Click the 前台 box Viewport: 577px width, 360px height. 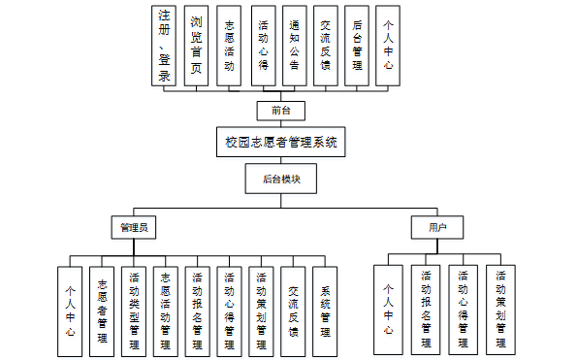(x=281, y=109)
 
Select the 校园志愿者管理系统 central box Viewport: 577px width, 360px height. (x=281, y=142)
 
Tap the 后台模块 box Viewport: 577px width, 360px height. (x=281, y=179)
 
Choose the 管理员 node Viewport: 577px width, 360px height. (x=133, y=227)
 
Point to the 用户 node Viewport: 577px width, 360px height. (x=436, y=227)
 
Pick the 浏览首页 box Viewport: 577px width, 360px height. (x=197, y=47)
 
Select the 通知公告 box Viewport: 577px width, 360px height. (x=295, y=47)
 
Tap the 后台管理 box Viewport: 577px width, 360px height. (x=358, y=47)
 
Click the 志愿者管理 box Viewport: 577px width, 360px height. (x=102, y=310)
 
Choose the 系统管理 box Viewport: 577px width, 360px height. (x=326, y=310)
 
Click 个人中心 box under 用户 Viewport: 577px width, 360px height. (x=388, y=310)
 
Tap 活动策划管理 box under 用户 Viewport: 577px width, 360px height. (x=500, y=310)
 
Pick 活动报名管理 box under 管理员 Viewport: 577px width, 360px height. (x=198, y=310)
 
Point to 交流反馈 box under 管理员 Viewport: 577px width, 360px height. (x=294, y=310)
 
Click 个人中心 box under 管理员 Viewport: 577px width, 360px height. (x=70, y=310)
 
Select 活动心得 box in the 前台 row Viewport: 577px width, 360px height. (x=263, y=47)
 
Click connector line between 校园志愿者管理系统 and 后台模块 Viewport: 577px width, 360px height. (x=281, y=160)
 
